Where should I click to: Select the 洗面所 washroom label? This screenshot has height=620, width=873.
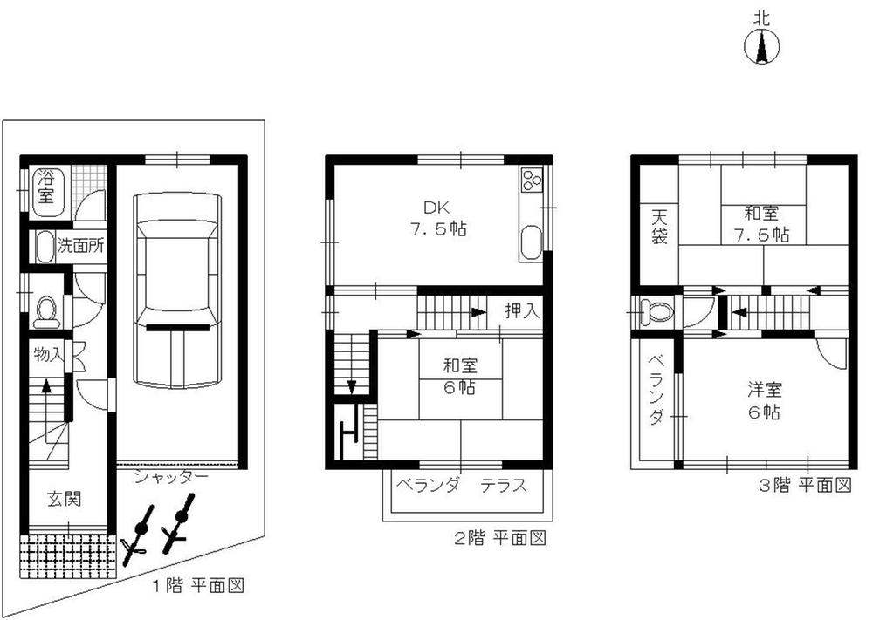(80, 245)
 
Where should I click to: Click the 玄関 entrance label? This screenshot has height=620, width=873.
(65, 500)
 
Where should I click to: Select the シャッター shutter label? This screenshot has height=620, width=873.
(171, 478)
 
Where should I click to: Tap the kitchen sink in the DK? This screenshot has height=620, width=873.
(531, 242)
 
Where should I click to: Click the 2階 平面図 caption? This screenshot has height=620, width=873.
(499, 538)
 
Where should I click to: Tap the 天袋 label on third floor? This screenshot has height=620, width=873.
(657, 224)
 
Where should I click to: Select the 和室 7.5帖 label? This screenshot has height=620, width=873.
(762, 223)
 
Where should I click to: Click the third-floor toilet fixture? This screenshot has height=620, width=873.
(650, 311)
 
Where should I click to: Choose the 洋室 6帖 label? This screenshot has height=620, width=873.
(762, 402)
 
